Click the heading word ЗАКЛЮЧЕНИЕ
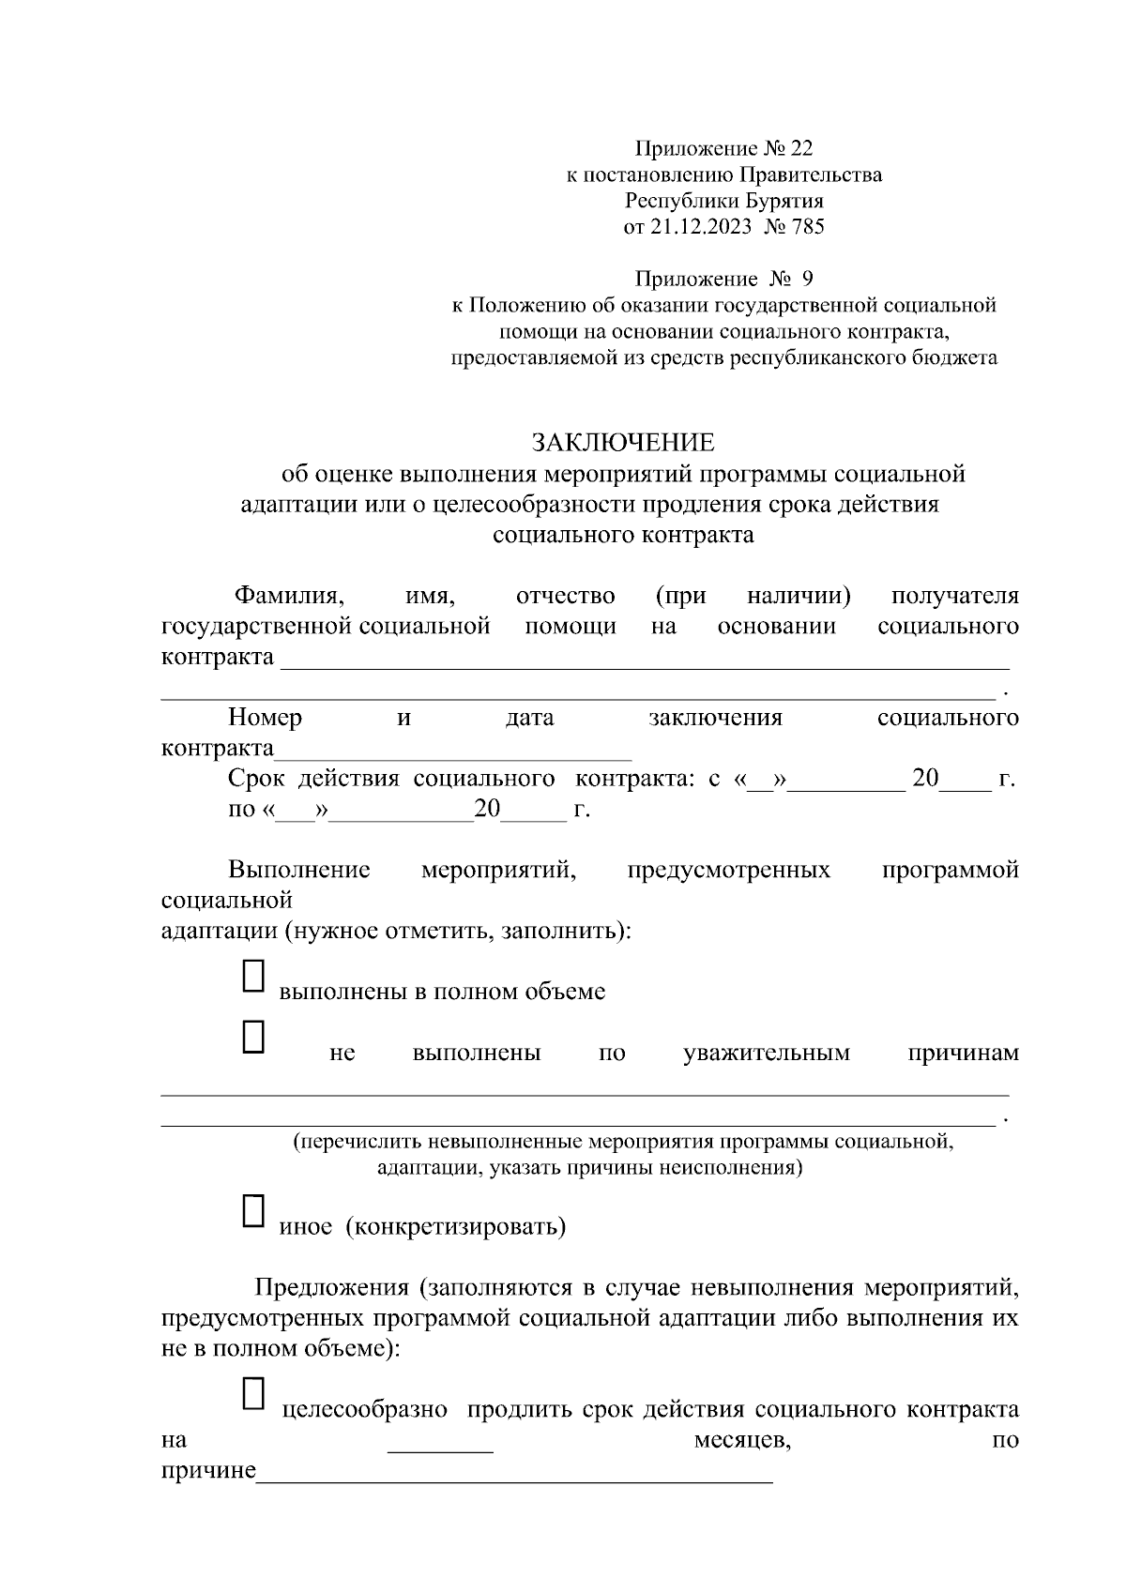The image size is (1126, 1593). click(623, 442)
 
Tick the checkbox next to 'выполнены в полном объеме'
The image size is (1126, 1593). click(254, 976)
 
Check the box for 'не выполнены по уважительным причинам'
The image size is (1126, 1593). click(254, 1037)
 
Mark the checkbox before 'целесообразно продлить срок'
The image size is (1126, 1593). click(254, 1393)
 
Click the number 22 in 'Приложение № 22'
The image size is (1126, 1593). click(802, 148)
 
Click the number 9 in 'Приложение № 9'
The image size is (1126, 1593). click(809, 279)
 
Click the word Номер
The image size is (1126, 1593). click(265, 719)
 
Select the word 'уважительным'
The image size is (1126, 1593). click(767, 1054)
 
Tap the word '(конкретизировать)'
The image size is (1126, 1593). click(456, 1227)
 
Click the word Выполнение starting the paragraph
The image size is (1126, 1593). click(298, 871)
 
